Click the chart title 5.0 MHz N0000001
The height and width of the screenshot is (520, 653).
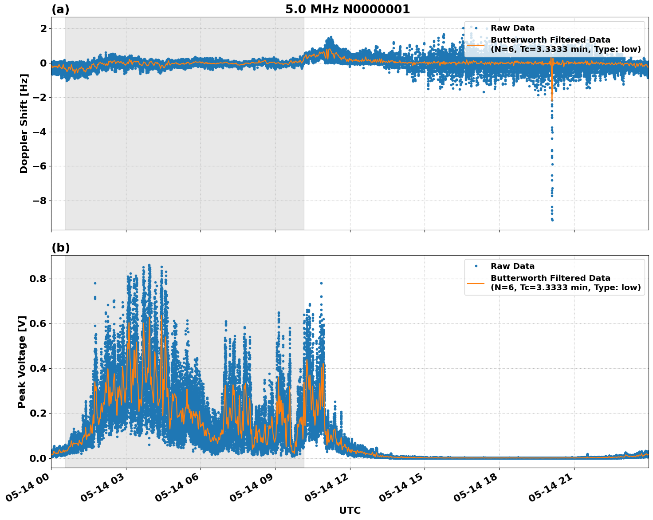pos(347,9)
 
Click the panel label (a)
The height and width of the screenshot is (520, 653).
pos(60,9)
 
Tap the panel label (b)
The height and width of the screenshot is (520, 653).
pos(60,248)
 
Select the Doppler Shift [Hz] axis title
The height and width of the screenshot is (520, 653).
pos(24,123)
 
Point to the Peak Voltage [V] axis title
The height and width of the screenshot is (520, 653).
pos(22,362)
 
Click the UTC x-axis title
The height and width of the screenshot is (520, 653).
pos(350,510)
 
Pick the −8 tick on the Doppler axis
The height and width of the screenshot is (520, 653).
pos(40,201)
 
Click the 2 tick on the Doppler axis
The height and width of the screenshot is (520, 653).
pos(43,28)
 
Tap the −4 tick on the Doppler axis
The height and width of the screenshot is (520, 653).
pos(40,132)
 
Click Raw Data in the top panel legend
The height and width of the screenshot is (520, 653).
pos(512,28)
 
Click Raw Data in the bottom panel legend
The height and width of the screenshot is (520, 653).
pos(512,266)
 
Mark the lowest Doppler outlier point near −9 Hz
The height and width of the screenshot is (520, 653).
pos(552,220)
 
